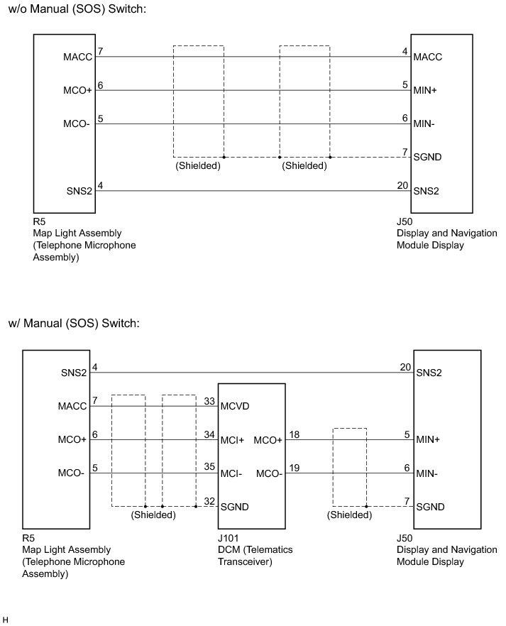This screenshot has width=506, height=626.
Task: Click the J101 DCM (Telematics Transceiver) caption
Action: [x=255, y=549]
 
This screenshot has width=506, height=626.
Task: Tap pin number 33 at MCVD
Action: [x=209, y=400]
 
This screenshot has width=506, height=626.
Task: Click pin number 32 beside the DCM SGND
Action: [x=209, y=500]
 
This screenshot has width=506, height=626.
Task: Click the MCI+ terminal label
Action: [x=232, y=440]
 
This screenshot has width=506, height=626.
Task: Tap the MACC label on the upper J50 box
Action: [x=428, y=57]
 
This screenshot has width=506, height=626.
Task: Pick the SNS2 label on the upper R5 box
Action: [x=79, y=191]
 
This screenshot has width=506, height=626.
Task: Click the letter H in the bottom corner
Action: [x=6, y=620]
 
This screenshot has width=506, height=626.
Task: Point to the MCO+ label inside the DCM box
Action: [x=268, y=440]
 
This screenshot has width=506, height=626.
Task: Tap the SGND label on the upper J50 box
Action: [x=428, y=157]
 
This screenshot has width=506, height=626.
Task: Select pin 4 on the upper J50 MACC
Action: [x=405, y=51]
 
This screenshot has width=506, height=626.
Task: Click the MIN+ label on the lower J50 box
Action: [x=428, y=440]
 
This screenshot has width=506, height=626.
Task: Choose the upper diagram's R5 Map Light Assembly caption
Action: [x=78, y=239]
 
